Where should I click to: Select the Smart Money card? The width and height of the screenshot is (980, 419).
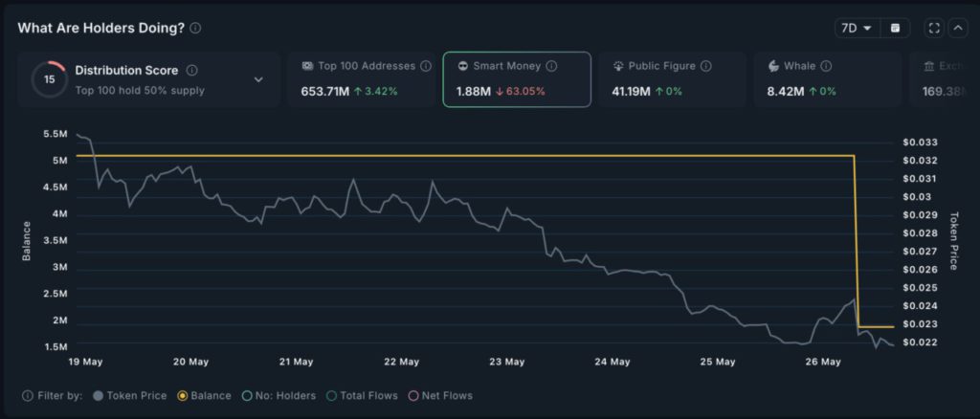coord(516,78)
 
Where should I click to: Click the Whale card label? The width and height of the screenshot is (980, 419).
coord(799,66)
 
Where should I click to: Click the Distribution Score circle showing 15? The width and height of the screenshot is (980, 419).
coord(49,79)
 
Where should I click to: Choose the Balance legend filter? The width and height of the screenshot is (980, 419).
coord(204,395)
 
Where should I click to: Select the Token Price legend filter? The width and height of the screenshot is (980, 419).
coord(130,395)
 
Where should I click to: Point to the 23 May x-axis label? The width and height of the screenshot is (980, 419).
coord(506,362)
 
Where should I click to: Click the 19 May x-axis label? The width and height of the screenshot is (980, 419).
coord(85,362)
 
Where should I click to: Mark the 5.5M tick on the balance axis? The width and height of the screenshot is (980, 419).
coord(55,133)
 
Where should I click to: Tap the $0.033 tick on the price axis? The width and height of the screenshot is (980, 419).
coord(920,143)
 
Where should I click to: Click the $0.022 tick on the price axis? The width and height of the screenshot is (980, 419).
coord(920,342)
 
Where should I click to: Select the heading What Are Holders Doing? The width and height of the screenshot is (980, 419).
coord(100,28)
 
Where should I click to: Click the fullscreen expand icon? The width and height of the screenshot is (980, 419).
coord(934,28)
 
